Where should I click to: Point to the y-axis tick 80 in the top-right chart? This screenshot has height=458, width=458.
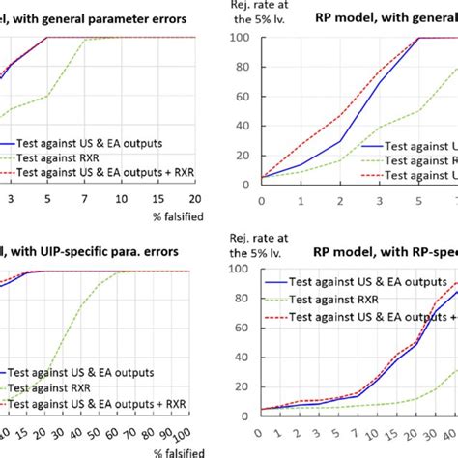(x=246, y=67)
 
